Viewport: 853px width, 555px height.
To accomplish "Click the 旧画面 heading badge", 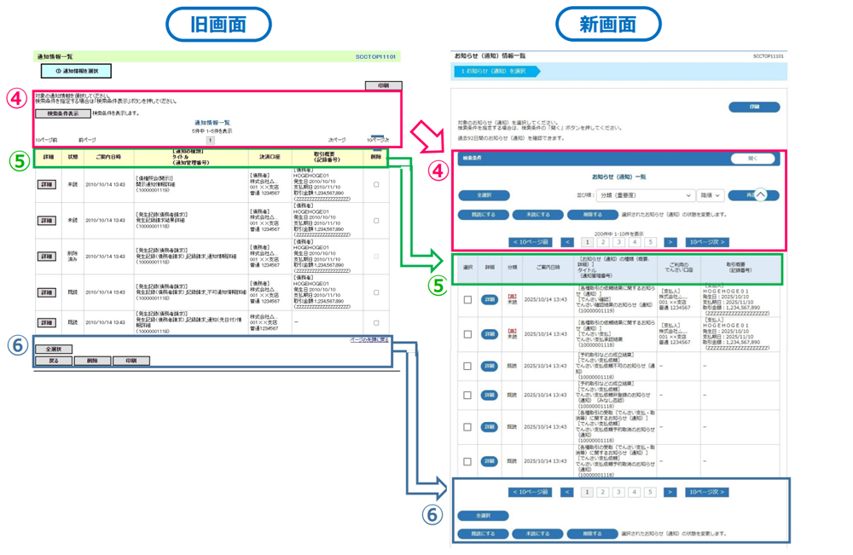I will tap(218, 23).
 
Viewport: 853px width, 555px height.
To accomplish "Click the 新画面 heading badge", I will tap(608, 23).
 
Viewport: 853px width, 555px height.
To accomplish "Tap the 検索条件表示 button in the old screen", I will tap(62, 113).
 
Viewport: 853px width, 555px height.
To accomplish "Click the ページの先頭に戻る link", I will tap(369, 339).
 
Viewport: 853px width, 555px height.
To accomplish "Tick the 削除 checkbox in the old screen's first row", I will tap(376, 184).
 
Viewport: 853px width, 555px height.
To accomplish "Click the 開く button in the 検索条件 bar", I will tap(752, 159).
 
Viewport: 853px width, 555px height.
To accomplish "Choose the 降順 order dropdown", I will tap(711, 195).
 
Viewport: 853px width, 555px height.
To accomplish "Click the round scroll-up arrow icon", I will tap(760, 195).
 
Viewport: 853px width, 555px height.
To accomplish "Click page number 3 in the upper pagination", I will tap(618, 242).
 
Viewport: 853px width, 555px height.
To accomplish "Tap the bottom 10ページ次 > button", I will tap(707, 492).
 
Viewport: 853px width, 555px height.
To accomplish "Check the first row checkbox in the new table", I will tap(467, 300).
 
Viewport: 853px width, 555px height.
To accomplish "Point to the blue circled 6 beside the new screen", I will tap(433, 514).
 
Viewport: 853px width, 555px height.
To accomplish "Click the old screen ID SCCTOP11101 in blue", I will tap(375, 57).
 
